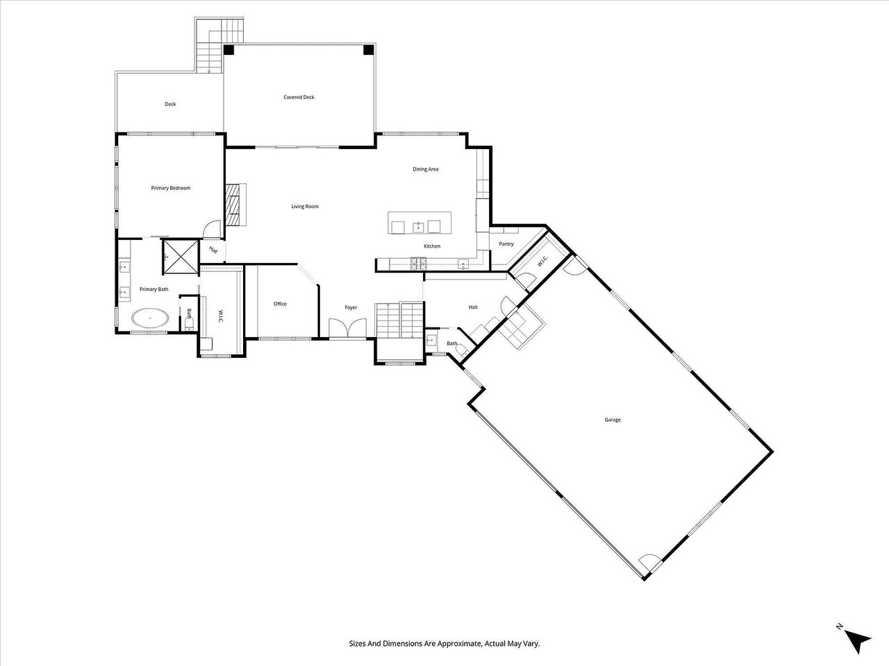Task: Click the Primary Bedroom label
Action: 171,188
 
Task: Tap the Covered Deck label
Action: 299,97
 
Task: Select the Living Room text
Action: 304,206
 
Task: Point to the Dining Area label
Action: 426,169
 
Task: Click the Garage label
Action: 612,420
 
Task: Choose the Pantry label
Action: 506,244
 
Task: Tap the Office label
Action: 280,304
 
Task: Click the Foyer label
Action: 351,307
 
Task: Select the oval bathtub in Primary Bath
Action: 150,319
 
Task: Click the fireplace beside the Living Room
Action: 235,205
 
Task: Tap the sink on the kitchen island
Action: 419,227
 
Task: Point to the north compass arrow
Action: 860,641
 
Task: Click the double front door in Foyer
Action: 347,328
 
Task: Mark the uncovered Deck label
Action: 170,104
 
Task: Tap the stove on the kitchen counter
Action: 419,262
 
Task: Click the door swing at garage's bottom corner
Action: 647,563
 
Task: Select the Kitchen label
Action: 432,246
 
